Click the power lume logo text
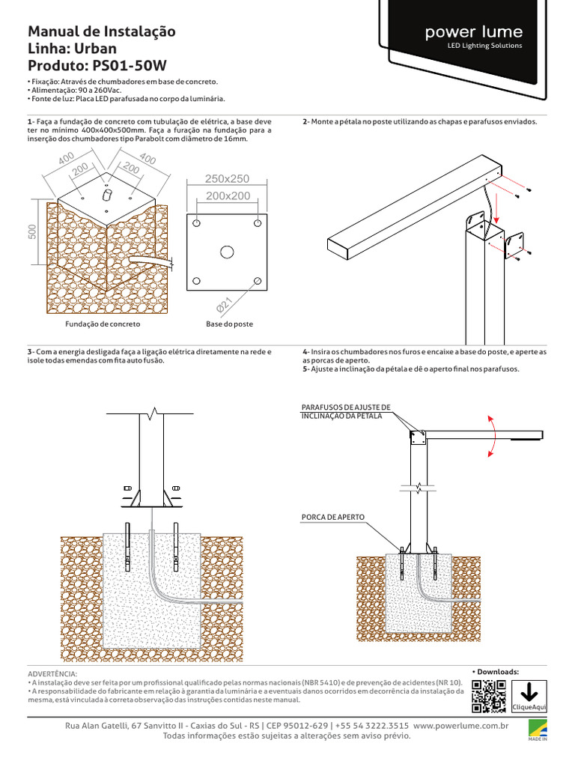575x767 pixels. [473, 32]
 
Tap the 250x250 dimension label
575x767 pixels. [227, 178]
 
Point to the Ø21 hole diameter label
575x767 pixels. [224, 305]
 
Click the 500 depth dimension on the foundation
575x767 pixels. [32, 233]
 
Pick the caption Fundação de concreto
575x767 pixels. [103, 325]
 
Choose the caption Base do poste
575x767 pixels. [229, 325]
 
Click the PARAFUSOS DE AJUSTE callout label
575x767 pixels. [345, 410]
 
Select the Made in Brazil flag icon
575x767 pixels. [538, 729]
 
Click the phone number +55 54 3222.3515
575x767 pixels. [371, 726]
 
